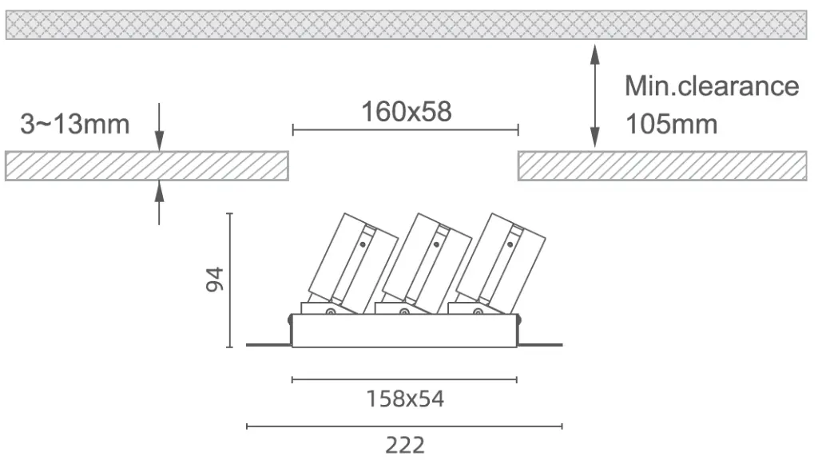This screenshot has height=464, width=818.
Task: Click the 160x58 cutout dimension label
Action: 407,112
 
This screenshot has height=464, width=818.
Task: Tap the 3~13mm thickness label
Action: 74,124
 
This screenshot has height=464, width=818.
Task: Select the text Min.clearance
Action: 712,86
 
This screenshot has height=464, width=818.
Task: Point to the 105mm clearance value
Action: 671,124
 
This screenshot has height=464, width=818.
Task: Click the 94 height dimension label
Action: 214,280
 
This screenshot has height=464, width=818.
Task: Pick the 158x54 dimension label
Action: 405,399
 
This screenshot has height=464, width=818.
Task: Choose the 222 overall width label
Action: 405,446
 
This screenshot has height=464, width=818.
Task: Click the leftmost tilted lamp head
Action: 352,264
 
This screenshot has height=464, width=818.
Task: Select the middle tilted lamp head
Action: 427,264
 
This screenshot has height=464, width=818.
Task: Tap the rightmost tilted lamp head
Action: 500,264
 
